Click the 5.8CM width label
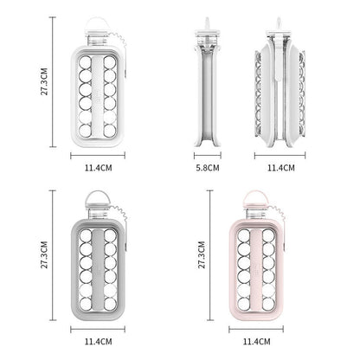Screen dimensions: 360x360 click(x=208, y=168)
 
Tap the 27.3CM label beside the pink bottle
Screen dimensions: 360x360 click(x=202, y=255)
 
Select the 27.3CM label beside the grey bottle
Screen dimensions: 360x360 click(x=44, y=255)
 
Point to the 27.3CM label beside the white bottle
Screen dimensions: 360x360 click(x=44, y=81)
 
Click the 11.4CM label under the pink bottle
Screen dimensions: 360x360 click(x=256, y=342)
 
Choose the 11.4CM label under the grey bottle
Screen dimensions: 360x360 click(x=98, y=342)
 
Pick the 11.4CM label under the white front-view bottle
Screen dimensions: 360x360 click(x=98, y=168)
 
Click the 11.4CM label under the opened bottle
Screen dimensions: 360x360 click(x=281, y=168)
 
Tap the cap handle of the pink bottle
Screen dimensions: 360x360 click(x=255, y=197)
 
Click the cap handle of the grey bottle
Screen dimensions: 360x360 click(x=98, y=197)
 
